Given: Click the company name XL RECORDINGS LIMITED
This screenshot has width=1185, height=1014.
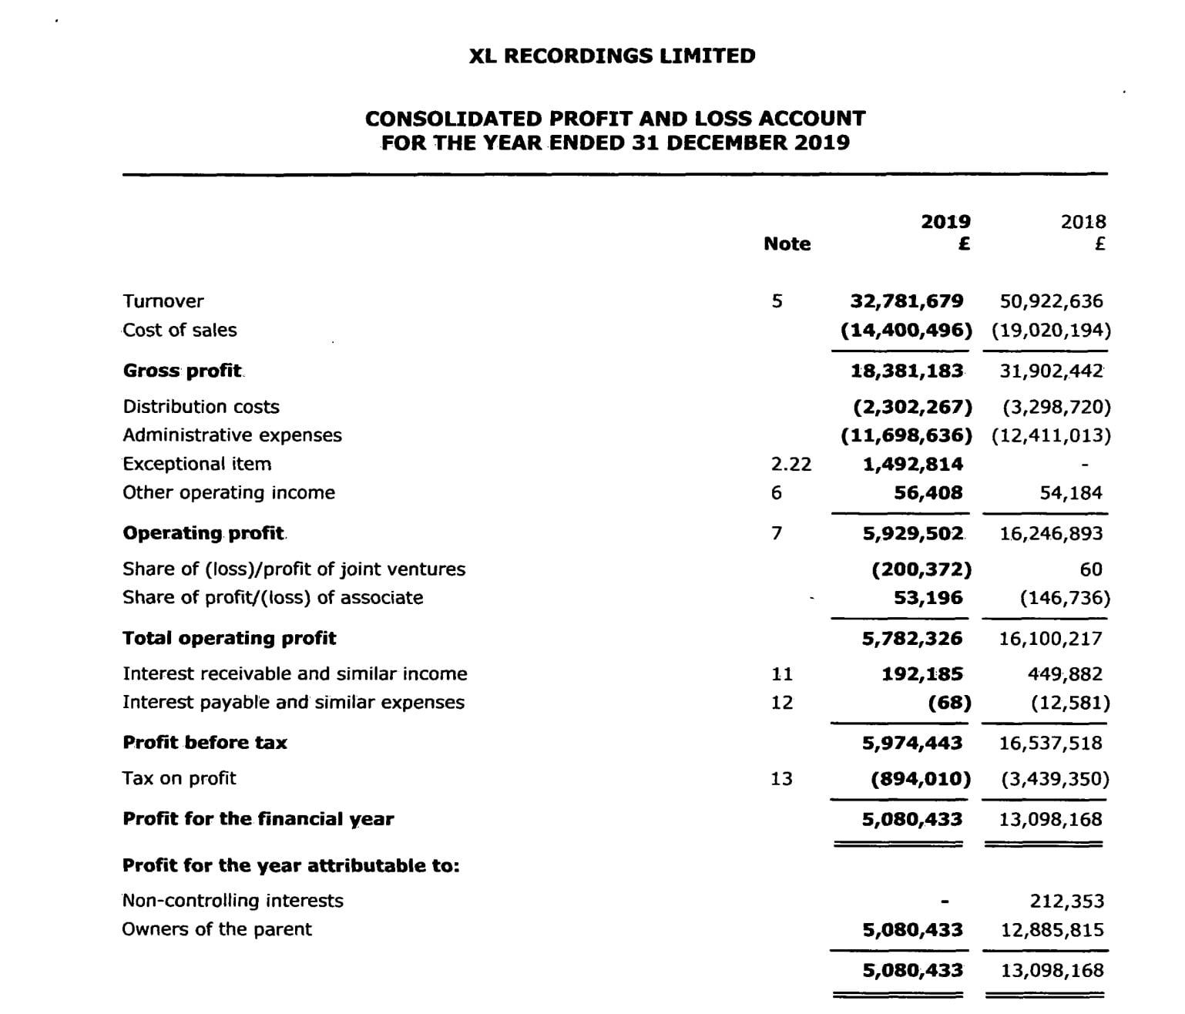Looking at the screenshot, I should click(612, 56).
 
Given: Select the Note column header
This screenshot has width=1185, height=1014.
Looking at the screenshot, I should click(787, 244).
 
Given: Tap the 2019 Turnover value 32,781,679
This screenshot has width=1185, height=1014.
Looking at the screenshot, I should click(906, 301).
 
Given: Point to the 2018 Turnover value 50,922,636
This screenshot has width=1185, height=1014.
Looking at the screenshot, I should click(1051, 301).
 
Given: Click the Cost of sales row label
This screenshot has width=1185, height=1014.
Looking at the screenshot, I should click(180, 331).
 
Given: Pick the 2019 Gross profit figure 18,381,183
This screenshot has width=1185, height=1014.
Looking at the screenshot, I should click(906, 371).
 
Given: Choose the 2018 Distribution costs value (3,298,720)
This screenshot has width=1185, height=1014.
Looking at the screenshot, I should click(1056, 407).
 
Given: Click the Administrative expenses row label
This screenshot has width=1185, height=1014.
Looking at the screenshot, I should click(232, 435).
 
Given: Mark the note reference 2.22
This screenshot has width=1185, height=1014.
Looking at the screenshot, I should click(791, 464).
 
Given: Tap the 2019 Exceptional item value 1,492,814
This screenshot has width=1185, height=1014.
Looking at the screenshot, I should click(912, 464).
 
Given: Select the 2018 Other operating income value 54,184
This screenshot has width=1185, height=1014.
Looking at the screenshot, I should click(1071, 493).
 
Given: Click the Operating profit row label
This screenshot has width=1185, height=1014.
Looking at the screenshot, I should click(203, 533).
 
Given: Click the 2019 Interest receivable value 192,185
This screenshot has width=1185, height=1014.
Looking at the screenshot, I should click(921, 674).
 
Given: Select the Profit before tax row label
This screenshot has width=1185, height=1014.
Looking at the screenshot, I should click(204, 743).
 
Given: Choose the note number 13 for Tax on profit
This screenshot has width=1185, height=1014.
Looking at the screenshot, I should click(781, 779).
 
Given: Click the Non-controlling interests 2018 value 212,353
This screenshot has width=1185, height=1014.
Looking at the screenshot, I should click(1066, 902).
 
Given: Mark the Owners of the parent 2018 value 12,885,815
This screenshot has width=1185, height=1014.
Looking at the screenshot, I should click(1052, 930).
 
